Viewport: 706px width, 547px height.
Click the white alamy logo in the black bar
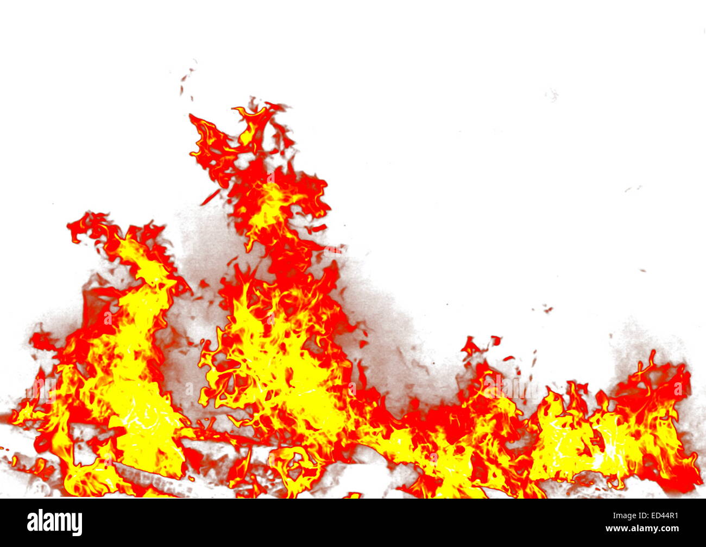coord(55,522)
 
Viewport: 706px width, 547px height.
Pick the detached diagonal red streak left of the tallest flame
coord(210,197)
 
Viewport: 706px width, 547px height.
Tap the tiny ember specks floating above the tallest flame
coord(187,76)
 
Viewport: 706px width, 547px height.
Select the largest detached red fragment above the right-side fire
coord(470,345)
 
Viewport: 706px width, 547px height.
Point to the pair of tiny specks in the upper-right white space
coord(633,189)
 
